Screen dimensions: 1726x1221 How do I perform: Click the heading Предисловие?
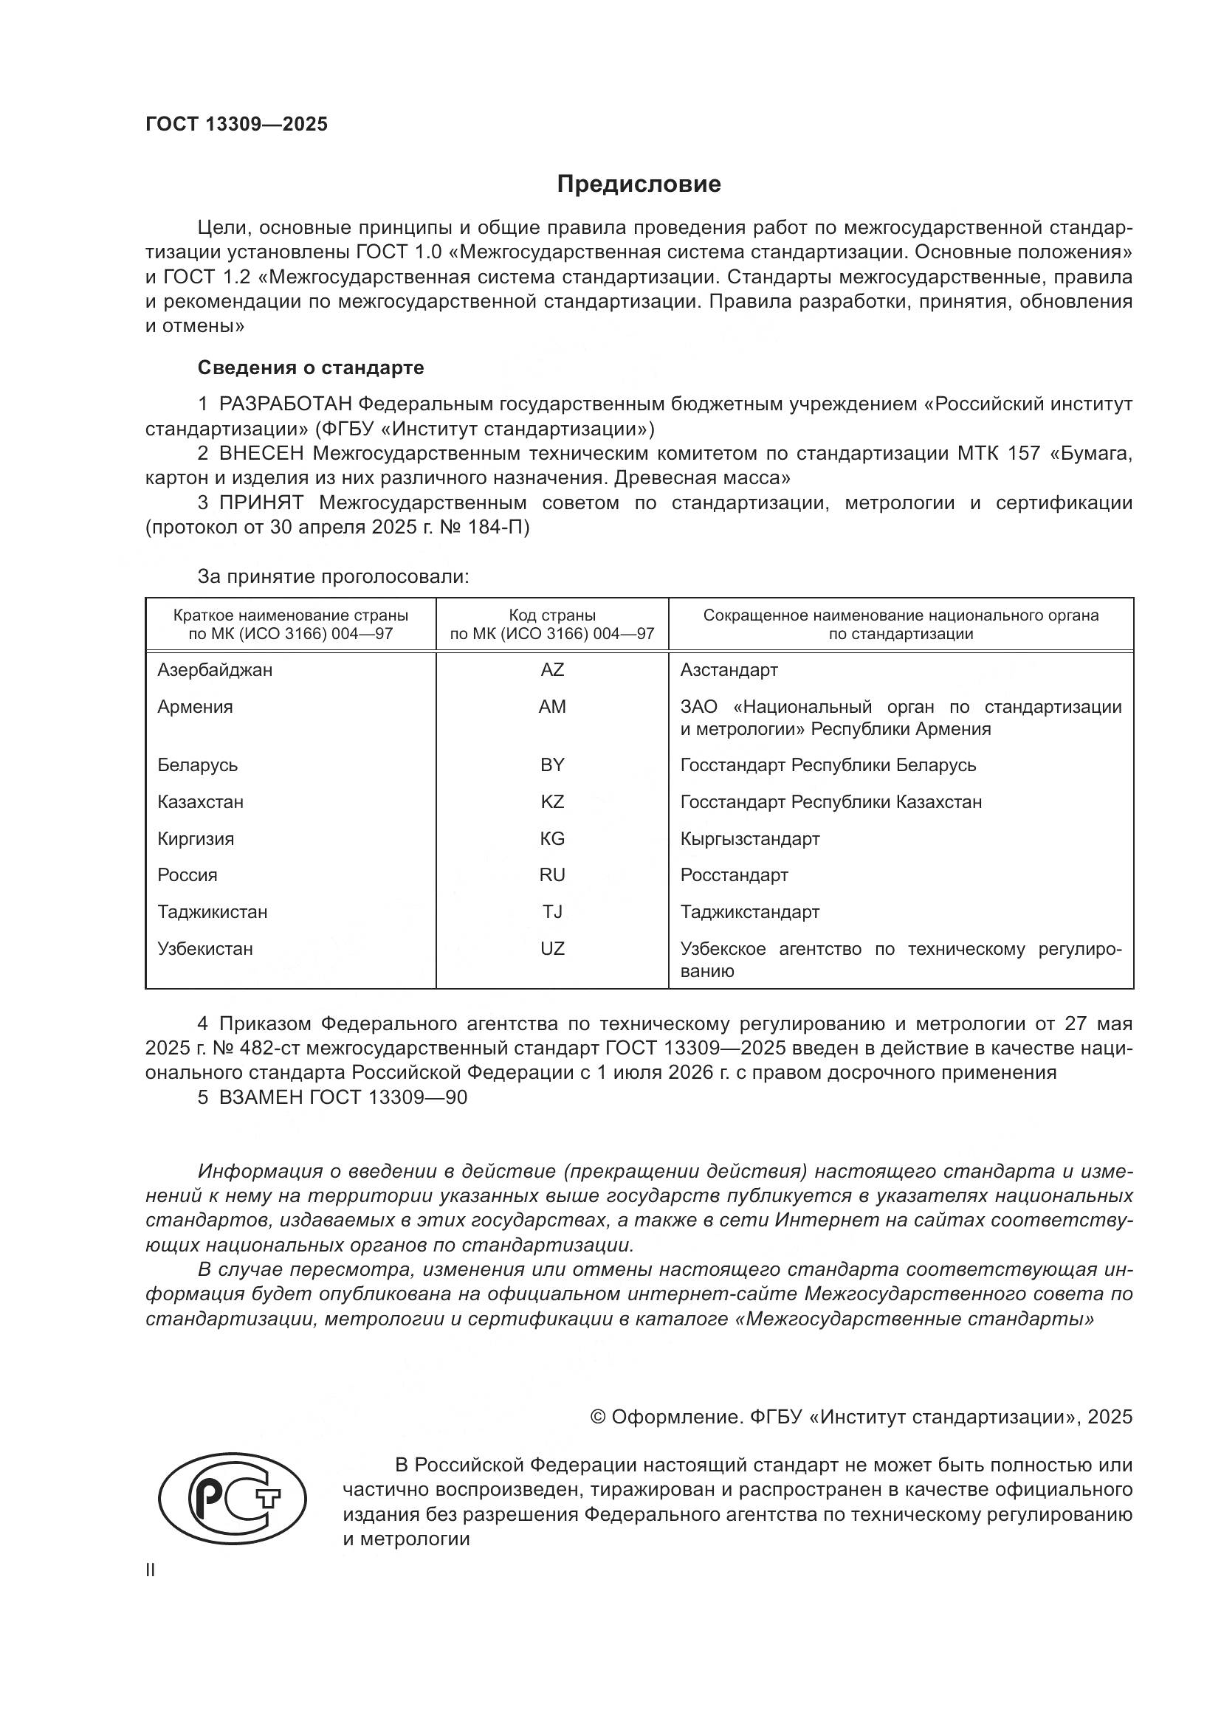coord(639,184)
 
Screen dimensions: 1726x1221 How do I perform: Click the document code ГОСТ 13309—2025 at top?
coord(237,125)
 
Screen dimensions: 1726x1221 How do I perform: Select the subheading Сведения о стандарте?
coord(311,367)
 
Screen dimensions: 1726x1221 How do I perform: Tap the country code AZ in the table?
coord(552,670)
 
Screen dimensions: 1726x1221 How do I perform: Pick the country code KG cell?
coord(552,838)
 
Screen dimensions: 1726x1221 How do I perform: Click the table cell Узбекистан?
coord(204,949)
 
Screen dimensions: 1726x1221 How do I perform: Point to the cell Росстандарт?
coord(734,875)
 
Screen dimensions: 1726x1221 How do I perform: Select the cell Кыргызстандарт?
coord(749,838)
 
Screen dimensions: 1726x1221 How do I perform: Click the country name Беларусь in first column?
coord(197,765)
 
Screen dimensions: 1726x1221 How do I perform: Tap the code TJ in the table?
coord(552,912)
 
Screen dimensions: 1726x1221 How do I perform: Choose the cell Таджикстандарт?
coord(749,912)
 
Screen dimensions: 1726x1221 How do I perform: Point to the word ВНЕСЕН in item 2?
coord(261,453)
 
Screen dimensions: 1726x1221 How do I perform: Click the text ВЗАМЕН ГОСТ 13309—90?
coord(342,1097)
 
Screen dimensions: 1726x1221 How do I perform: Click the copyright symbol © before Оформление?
coord(598,1417)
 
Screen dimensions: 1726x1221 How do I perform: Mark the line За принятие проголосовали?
coord(333,576)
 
